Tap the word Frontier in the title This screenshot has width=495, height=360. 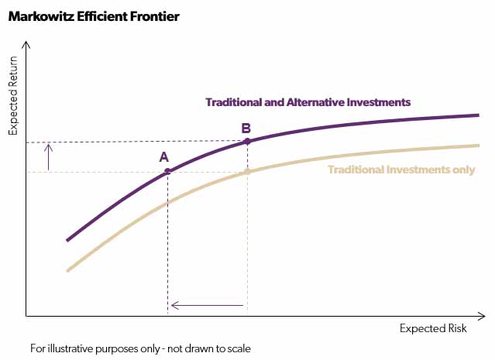(x=152, y=16)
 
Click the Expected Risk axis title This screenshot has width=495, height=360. (x=433, y=328)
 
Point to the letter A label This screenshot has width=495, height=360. (x=164, y=156)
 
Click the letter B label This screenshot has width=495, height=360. (x=246, y=128)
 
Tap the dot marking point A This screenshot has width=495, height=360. (x=167, y=171)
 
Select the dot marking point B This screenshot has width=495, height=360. (x=247, y=142)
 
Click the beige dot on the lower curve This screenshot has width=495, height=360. (x=247, y=171)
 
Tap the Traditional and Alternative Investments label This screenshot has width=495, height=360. (x=308, y=101)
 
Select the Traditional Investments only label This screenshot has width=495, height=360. (x=401, y=170)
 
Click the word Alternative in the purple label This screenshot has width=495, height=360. (x=308, y=101)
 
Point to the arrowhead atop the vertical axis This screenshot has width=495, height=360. (x=26, y=46)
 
